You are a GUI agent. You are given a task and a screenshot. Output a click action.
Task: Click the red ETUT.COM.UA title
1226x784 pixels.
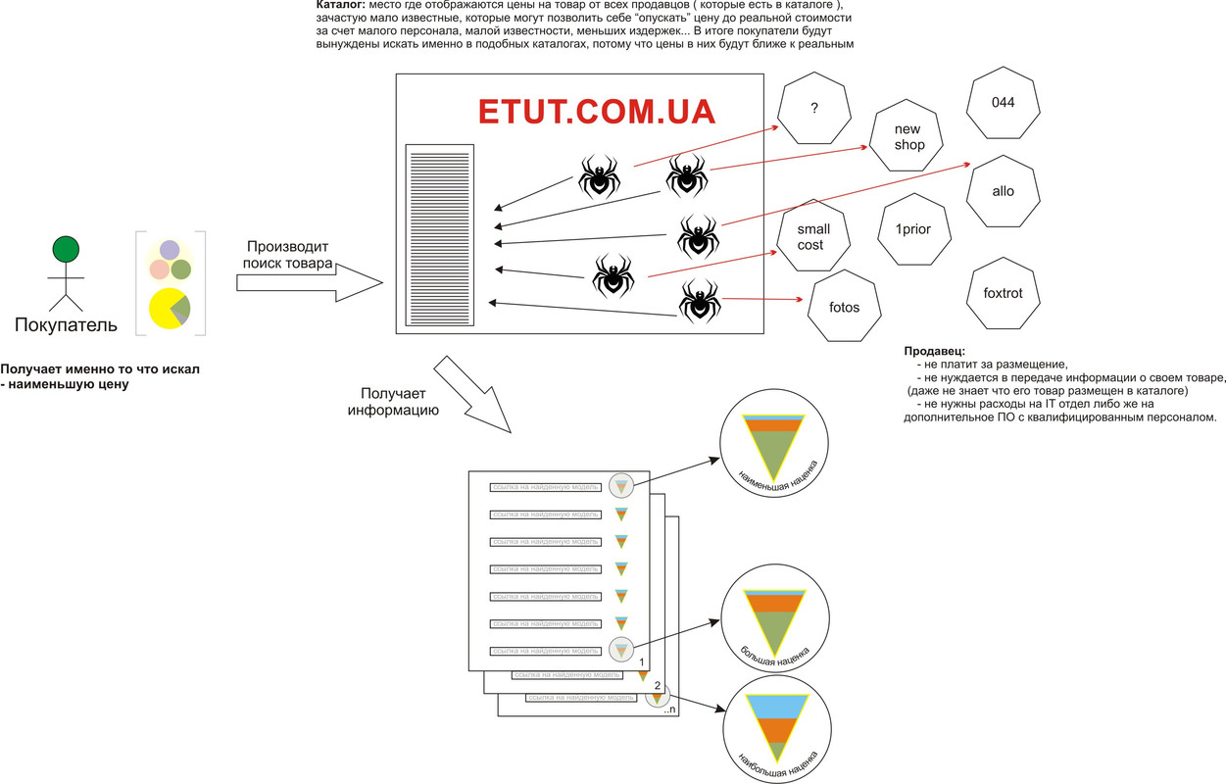coord(597,111)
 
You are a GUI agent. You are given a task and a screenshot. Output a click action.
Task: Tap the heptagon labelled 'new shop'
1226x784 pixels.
coord(908,138)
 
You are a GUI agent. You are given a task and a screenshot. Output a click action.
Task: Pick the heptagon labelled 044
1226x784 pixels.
coord(1003,103)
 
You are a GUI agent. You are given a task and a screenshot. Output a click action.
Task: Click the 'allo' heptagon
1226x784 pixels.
coord(1003,191)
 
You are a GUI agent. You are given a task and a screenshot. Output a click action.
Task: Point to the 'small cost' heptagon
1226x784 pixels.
coord(812,237)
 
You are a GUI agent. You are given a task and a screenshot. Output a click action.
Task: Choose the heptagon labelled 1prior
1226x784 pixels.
coord(912,229)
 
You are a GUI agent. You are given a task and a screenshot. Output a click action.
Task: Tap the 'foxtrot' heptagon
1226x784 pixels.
coord(1003,293)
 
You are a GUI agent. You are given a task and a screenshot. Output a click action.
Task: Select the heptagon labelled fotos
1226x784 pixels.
coord(844,307)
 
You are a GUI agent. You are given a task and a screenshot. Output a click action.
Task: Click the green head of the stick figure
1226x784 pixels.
coord(67,250)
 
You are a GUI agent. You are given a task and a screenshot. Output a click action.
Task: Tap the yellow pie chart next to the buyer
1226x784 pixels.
coord(170,309)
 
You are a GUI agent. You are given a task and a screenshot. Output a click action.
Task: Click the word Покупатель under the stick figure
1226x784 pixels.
coord(66,324)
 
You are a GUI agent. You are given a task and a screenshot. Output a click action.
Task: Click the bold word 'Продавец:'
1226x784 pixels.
coord(936,351)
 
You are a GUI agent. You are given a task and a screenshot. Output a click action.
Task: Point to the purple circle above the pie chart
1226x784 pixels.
coord(170,250)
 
